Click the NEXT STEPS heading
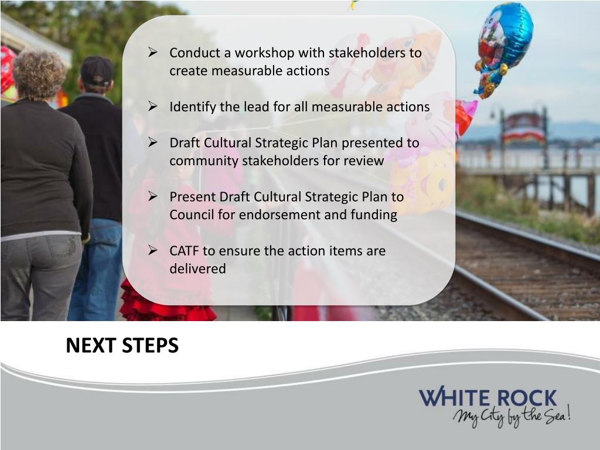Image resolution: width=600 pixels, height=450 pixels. click(122, 346)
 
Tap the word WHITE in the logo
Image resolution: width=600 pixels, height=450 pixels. click(456, 398)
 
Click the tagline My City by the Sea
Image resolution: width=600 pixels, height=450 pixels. click(511, 417)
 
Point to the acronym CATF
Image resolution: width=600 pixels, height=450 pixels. click(184, 251)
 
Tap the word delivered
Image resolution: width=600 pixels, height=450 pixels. click(197, 269)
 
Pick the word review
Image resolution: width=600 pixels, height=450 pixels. click(366, 161)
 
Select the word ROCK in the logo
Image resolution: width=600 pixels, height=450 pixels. click(527, 398)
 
